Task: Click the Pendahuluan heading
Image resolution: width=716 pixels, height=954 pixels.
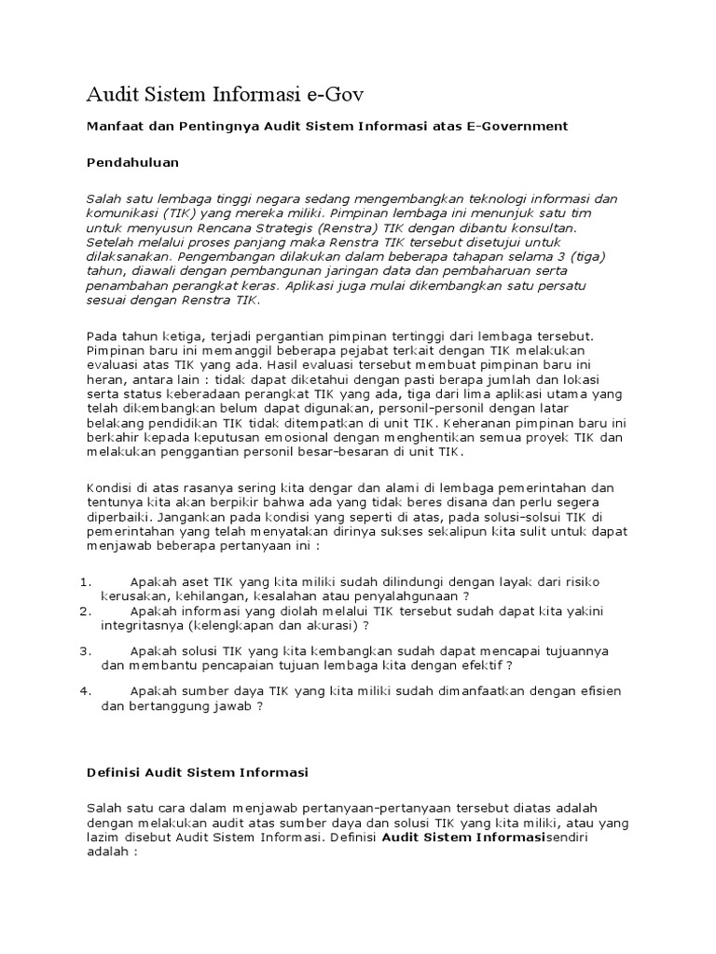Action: click(x=132, y=162)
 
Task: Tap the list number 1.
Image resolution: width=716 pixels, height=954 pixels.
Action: click(x=84, y=582)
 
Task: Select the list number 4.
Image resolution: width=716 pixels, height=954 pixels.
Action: click(x=84, y=691)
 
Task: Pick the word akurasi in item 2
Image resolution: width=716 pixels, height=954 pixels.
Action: click(x=327, y=625)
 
